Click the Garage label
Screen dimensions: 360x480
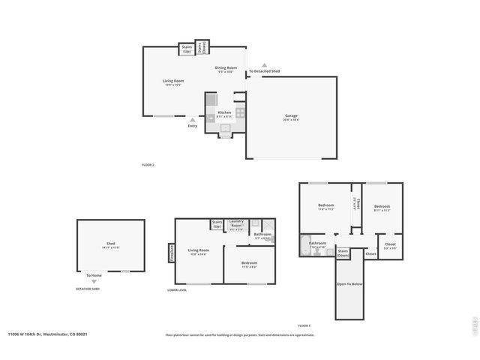(292, 116)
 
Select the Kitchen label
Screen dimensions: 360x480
(224, 112)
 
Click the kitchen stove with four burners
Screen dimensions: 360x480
(240, 113)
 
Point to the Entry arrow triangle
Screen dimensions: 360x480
(192, 119)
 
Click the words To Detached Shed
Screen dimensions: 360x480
(265, 71)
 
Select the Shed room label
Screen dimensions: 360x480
(111, 244)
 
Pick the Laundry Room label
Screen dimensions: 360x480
(237, 223)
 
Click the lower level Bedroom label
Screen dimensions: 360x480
(250, 263)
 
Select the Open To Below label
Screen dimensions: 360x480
(349, 284)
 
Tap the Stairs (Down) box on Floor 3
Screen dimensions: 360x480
(343, 253)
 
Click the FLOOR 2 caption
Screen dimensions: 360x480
(148, 164)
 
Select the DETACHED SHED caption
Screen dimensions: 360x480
(88, 289)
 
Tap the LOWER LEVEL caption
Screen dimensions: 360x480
(178, 289)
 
